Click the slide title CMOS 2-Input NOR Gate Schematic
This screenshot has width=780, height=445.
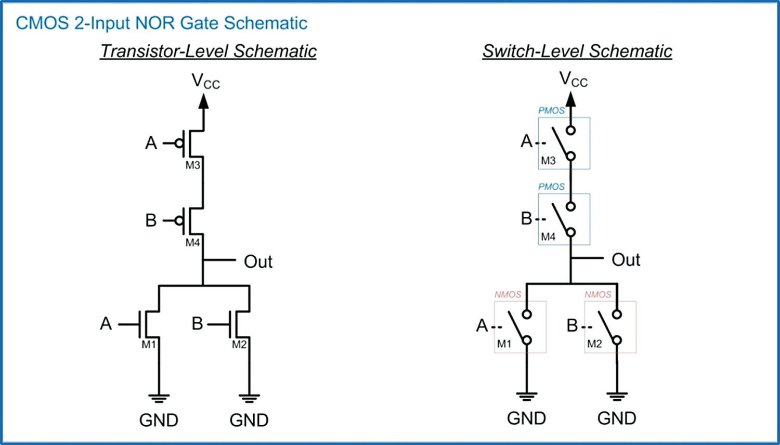161,23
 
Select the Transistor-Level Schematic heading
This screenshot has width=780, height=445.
208,51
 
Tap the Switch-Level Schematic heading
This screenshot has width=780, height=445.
577,51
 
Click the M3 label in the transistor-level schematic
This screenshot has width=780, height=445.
192,165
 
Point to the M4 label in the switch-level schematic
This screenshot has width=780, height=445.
548,237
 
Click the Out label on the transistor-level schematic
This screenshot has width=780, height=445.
258,261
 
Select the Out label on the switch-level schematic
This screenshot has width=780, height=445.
626,260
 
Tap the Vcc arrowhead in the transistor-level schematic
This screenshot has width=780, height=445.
204,101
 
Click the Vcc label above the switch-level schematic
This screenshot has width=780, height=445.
573,80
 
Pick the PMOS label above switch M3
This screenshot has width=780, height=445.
551,110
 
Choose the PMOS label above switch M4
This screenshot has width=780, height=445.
551,187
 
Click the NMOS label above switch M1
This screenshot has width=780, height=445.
508,294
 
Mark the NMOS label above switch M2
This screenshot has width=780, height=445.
597,294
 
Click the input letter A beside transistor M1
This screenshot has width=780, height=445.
106,324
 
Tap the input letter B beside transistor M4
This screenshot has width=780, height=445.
151,220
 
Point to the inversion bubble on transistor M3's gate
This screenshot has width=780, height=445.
179,143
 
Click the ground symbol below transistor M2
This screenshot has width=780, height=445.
250,399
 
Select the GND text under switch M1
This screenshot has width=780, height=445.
526,418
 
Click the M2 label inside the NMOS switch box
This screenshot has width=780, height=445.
594,344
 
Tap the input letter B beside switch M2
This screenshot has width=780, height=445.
572,325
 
